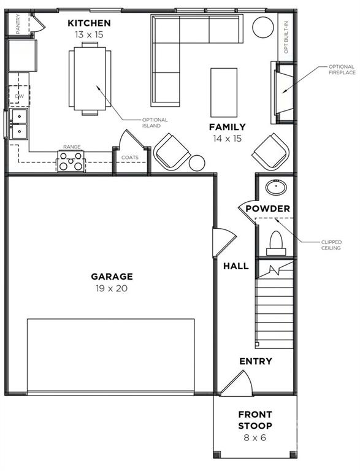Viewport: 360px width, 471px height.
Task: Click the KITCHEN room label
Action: (89, 23)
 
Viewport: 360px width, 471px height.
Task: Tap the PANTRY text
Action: (18, 23)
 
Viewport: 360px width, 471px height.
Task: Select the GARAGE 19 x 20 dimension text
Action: (112, 288)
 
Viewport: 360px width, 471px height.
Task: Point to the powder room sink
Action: (276, 187)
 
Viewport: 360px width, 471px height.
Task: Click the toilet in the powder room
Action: (276, 243)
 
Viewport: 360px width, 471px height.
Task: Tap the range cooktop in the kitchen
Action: (71, 161)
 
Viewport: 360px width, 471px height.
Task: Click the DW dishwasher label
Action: (19, 96)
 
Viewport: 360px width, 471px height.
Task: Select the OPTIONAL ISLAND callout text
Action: (155, 123)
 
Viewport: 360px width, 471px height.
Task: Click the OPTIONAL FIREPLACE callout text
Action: (342, 69)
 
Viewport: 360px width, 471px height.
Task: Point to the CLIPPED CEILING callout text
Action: (331, 245)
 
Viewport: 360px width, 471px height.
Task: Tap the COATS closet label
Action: (130, 158)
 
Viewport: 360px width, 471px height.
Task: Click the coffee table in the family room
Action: (224, 93)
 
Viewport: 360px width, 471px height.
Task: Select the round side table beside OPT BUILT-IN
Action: (263, 27)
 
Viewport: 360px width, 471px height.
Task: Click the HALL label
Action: (236, 266)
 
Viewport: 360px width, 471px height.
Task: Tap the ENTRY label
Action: (256, 361)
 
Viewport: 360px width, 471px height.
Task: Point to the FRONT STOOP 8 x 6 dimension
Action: (255, 437)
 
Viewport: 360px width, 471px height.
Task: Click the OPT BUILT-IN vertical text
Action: (286, 37)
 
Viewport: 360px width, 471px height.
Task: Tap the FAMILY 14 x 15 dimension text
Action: (228, 139)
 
